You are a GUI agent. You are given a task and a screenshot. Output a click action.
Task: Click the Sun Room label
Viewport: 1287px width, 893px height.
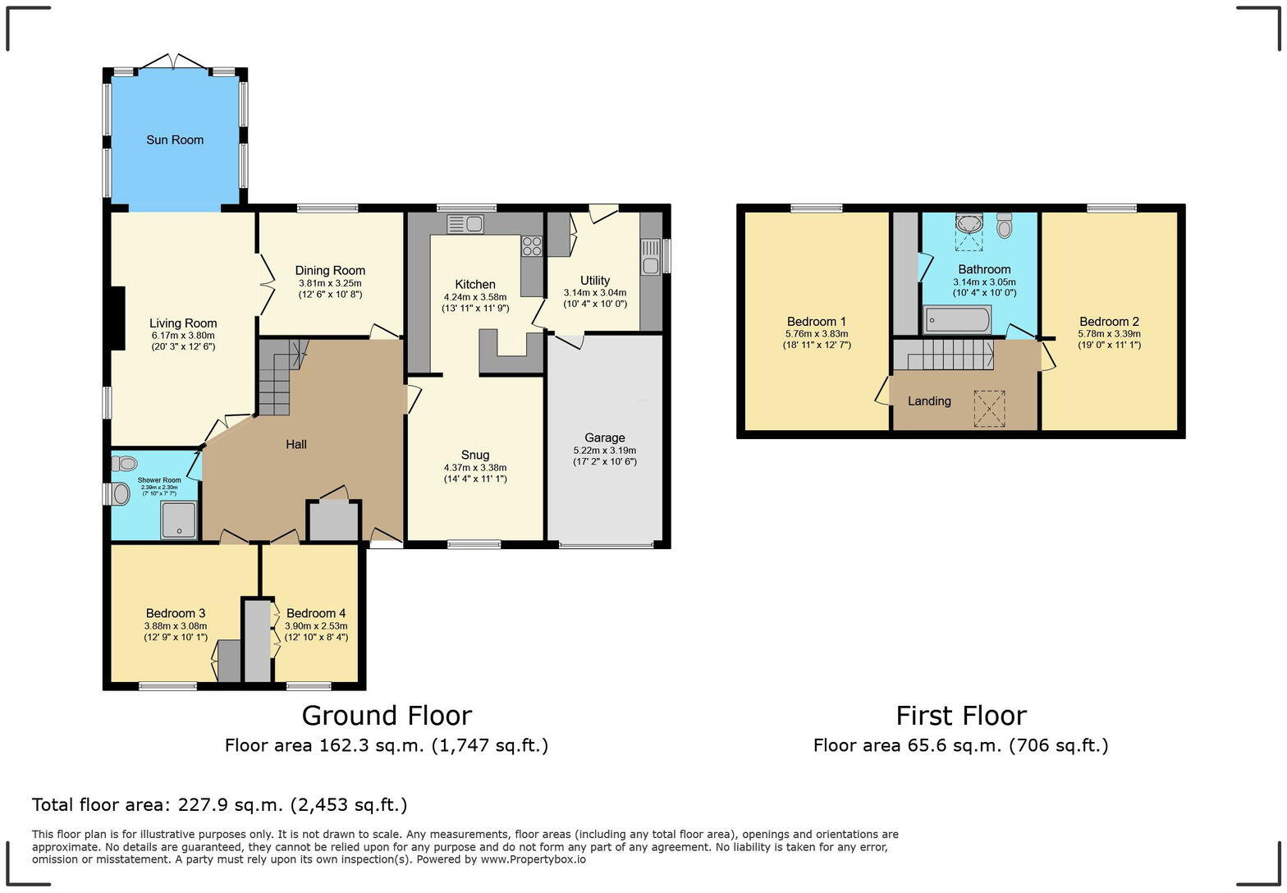(x=174, y=140)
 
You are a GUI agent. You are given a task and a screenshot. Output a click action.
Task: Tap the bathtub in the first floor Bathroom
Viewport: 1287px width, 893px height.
(x=957, y=319)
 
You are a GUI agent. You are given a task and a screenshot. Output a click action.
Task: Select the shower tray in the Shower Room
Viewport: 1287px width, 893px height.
(x=179, y=520)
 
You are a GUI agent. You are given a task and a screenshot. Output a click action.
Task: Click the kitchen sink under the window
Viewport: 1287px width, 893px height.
(x=465, y=223)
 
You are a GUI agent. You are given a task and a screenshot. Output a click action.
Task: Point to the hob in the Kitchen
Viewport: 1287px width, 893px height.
(x=532, y=246)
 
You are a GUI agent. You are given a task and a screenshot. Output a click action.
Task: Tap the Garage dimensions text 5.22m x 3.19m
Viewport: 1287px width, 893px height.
(x=604, y=451)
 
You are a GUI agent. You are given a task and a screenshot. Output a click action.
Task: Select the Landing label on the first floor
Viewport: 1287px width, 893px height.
(x=929, y=401)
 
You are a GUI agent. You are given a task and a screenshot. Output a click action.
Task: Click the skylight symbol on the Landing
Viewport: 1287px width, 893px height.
(x=989, y=408)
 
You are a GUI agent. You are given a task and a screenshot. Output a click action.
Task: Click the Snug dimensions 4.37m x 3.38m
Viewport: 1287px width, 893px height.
(x=475, y=468)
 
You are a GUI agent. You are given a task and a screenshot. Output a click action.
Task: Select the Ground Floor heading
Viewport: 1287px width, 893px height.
(x=387, y=716)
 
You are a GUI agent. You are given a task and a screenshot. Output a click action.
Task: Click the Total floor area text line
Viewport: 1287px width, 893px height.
(x=219, y=804)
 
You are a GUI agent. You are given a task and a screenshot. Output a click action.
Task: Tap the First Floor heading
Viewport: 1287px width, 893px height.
(x=960, y=716)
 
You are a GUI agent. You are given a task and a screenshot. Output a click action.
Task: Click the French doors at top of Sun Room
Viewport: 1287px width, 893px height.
(x=174, y=62)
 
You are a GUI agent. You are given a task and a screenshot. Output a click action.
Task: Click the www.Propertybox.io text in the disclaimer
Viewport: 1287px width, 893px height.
(x=533, y=859)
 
